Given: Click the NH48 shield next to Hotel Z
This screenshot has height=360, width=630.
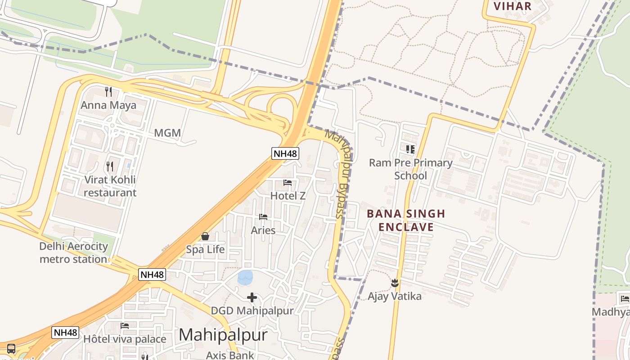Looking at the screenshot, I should [285, 153].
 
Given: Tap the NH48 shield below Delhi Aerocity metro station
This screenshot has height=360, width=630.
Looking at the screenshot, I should [152, 274].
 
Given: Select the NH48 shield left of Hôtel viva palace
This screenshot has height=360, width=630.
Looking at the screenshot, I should [65, 333].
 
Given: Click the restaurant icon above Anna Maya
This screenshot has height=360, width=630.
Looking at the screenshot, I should [108, 92].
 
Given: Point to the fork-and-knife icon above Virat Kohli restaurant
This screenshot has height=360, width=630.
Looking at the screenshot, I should [110, 166].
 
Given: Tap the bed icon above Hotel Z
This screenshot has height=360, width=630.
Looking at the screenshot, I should [288, 183].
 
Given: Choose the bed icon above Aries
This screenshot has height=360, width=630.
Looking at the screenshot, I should [263, 217].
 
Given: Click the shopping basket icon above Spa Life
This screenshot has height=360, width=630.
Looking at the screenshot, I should [205, 236].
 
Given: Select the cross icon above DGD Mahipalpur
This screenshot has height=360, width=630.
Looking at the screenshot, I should [252, 297].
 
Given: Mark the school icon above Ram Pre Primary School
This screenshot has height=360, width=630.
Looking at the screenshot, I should [410, 149].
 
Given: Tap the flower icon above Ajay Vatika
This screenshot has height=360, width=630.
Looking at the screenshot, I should [395, 283].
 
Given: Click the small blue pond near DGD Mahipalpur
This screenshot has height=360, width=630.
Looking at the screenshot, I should [245, 278].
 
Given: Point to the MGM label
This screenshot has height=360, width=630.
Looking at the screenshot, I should [167, 133].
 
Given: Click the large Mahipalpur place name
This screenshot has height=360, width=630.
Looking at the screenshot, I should [223, 335].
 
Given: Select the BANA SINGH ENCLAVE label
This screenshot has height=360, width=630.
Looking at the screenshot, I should [406, 220].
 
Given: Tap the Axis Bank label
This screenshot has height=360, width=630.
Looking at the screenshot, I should [230, 355].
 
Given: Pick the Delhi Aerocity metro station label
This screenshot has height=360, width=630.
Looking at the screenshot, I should [74, 253].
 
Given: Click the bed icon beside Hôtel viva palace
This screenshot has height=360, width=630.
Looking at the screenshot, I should [125, 326].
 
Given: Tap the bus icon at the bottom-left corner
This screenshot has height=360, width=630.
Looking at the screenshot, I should [11, 349].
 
